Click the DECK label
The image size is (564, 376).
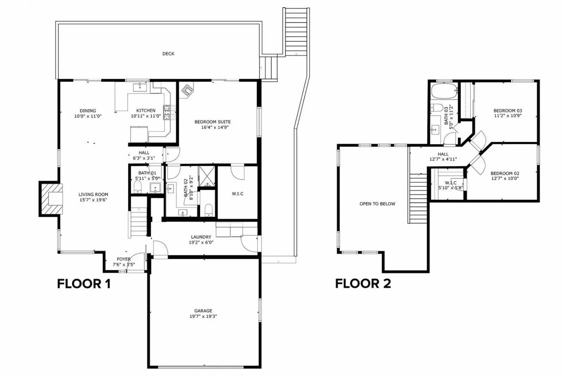(168, 54)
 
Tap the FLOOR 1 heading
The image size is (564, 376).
(84, 284)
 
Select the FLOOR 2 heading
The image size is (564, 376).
(363, 284)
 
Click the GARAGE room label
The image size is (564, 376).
(203, 311)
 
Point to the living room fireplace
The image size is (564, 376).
(51, 199)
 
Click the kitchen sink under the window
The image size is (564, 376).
(140, 87)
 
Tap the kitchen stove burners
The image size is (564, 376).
(167, 112)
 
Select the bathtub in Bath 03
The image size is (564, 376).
(444, 91)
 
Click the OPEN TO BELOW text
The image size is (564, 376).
(377, 204)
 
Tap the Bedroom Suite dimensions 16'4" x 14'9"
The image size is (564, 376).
(215, 127)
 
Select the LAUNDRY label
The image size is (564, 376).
(201, 237)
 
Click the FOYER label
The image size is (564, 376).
(123, 259)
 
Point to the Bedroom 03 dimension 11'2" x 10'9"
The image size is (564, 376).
(508, 116)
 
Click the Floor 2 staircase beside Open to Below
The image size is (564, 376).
(418, 199)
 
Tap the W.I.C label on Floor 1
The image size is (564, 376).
(237, 194)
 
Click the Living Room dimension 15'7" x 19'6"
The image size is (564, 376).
(93, 200)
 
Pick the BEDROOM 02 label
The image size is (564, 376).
(505, 174)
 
